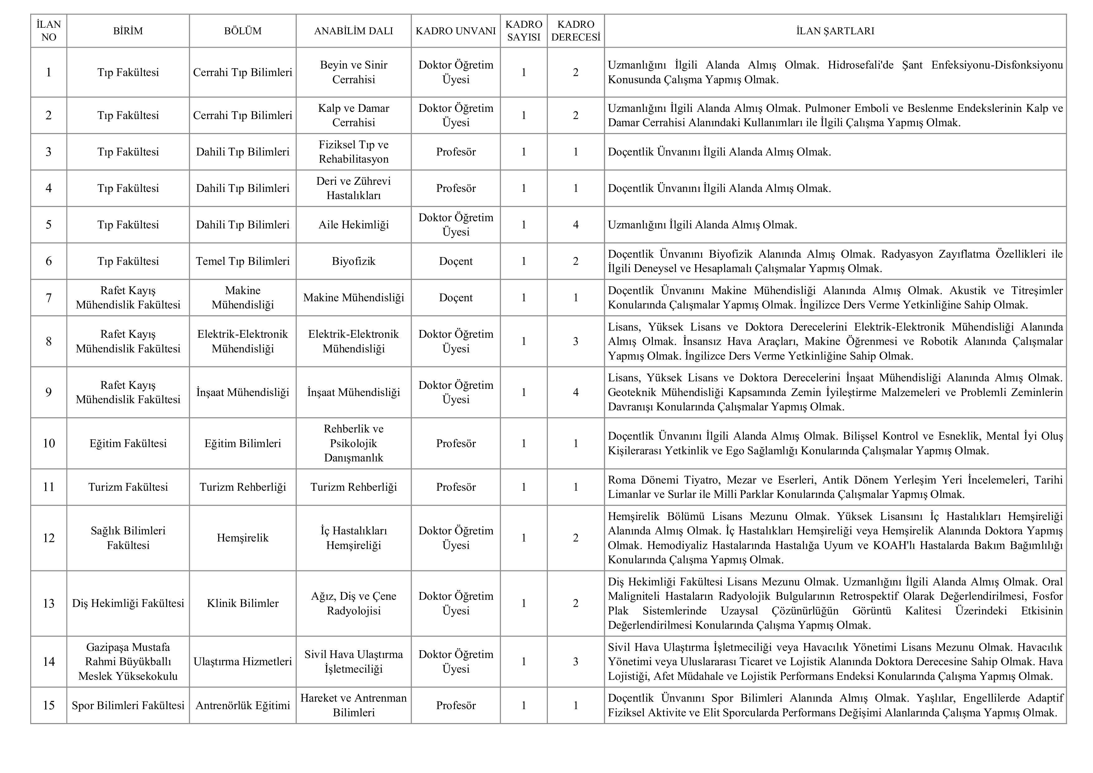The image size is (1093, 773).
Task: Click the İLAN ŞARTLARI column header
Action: [835, 31]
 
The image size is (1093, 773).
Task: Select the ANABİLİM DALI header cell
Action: [353, 31]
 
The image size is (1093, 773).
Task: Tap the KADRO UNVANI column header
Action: [456, 31]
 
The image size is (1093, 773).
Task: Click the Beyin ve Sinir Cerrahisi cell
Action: [353, 72]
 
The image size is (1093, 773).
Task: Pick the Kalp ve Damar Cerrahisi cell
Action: [353, 115]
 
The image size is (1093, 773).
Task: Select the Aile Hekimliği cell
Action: [353, 225]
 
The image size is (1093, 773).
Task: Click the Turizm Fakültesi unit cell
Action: [128, 487]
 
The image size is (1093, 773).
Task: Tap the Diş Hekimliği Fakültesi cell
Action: [128, 604]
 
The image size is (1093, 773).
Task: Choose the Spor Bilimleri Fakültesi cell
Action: [128, 705]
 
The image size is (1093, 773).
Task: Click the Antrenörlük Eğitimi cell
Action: [243, 705]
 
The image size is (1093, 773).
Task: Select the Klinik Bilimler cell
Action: [243, 604]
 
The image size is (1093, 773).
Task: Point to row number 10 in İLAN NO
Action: [49, 443]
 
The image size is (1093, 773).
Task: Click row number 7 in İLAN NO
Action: [49, 298]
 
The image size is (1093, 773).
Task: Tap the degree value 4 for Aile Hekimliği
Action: [575, 225]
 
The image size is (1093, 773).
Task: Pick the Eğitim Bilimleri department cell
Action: [243, 443]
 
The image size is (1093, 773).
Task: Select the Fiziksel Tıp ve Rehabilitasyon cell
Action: [353, 152]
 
